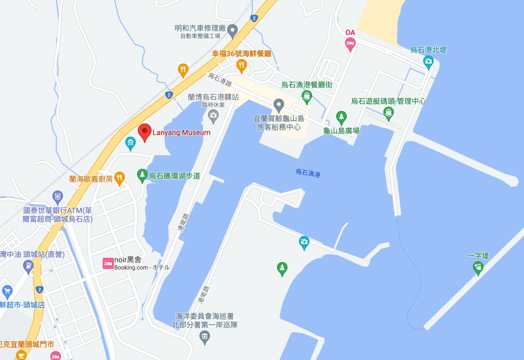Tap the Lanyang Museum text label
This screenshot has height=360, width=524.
(x=181, y=133)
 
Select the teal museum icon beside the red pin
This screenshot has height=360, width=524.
(x=130, y=143)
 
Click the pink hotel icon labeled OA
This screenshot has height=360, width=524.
(x=350, y=44)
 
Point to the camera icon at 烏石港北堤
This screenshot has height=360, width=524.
(x=428, y=62)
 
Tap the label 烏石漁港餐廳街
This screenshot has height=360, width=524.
(x=307, y=85)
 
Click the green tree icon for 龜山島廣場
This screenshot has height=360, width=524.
(x=341, y=117)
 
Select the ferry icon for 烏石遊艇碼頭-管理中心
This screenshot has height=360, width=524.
(x=388, y=114)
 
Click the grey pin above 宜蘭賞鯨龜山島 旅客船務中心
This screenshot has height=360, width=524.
(x=279, y=105)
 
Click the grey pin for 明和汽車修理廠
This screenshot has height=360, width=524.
(x=233, y=31)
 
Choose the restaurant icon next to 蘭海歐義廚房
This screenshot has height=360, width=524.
(x=120, y=178)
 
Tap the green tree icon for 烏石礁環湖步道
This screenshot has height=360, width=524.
(x=142, y=175)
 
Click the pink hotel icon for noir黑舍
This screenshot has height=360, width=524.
(x=108, y=263)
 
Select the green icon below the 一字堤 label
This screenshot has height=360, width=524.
(x=478, y=268)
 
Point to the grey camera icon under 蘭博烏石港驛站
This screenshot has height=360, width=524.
(x=213, y=116)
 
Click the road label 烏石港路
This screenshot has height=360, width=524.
(x=220, y=80)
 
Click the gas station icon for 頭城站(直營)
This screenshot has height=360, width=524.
(x=28, y=266)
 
